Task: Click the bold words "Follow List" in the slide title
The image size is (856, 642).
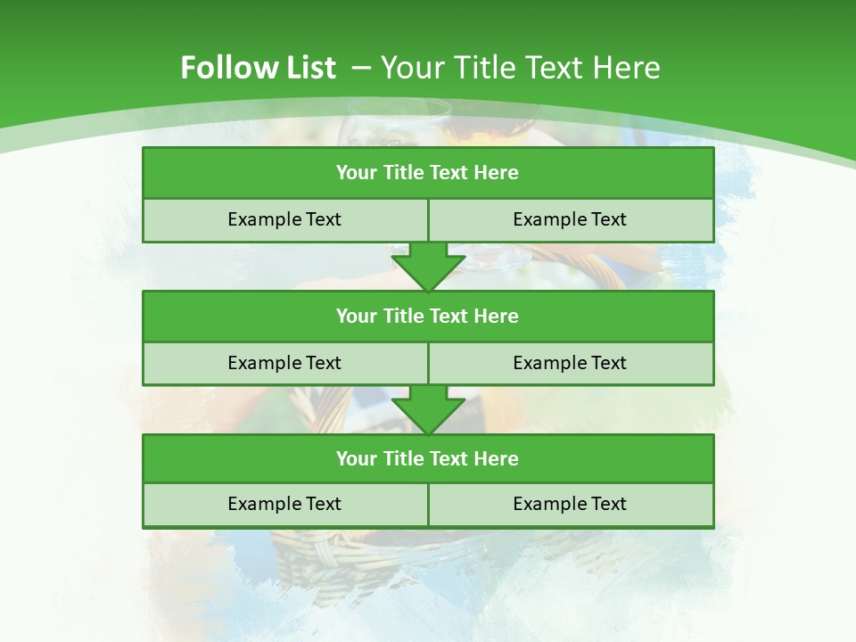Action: (258, 68)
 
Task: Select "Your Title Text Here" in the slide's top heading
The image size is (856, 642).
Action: (521, 68)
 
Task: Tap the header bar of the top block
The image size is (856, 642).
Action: (428, 173)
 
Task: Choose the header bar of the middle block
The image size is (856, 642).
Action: (428, 316)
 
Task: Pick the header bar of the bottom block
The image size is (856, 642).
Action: (428, 458)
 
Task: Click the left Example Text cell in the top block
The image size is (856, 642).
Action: (284, 220)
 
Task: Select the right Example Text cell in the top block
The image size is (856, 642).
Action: (571, 220)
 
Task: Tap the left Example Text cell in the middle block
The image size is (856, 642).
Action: (284, 363)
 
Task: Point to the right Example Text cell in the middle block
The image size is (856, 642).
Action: (571, 363)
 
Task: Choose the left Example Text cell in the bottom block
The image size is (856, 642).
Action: (284, 504)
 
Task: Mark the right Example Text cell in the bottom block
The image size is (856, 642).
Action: (571, 504)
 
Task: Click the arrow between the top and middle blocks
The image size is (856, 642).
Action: (428, 267)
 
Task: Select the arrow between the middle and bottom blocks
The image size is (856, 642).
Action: (428, 410)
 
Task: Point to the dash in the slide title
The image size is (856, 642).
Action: (361, 68)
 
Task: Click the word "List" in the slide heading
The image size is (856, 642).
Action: (308, 68)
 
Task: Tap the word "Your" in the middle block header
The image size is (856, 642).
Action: (356, 316)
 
